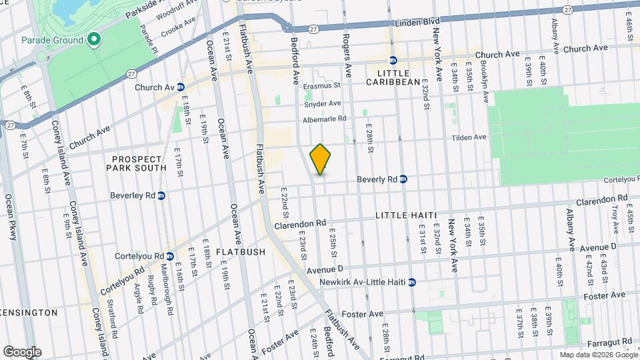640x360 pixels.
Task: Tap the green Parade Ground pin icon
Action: pyautogui.click(x=94, y=40)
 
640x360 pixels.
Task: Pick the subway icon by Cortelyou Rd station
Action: pyautogui.click(x=170, y=255)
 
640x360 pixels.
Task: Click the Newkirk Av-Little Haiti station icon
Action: pyautogui.click(x=412, y=281)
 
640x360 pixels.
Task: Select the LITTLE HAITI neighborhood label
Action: pyautogui.click(x=405, y=215)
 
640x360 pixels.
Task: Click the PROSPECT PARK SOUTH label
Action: pyautogui.click(x=137, y=163)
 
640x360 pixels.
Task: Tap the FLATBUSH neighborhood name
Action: pyautogui.click(x=240, y=252)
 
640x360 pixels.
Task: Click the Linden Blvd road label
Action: pyautogui.click(x=408, y=22)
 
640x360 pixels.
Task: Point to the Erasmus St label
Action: pyautogui.click(x=321, y=85)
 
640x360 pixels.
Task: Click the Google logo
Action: pyautogui.click(x=22, y=351)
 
